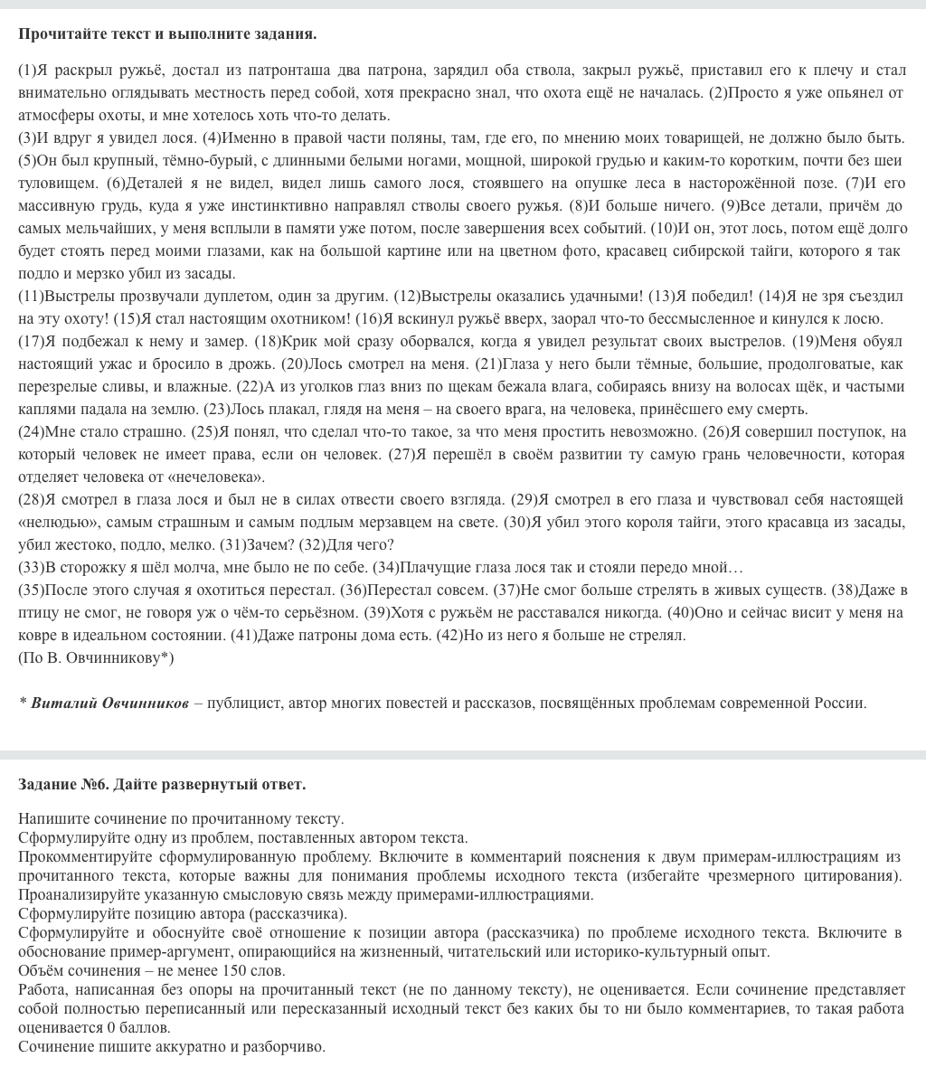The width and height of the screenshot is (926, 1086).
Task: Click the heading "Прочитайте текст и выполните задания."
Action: (x=167, y=34)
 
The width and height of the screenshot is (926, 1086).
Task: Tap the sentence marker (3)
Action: (x=28, y=138)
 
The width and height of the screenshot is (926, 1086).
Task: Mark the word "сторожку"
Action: (x=73, y=568)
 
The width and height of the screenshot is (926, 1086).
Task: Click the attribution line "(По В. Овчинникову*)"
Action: (x=96, y=658)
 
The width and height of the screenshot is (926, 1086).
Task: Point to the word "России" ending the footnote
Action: (x=841, y=704)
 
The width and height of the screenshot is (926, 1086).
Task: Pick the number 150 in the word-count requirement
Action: (x=234, y=972)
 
